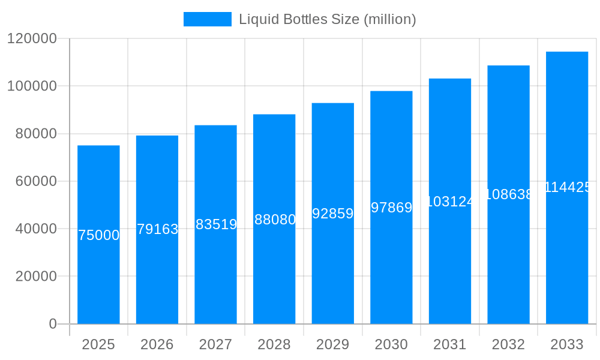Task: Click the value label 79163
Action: (157, 229)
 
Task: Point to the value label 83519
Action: (216, 224)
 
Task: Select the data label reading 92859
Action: (333, 214)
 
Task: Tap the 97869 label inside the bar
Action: (391, 208)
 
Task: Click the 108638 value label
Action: (508, 194)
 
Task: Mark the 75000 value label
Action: (98, 235)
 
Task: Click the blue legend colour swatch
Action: (207, 19)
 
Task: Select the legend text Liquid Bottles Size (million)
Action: (327, 19)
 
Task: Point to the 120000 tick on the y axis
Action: (31, 38)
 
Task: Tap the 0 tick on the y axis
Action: (52, 324)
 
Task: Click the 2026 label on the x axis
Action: (157, 344)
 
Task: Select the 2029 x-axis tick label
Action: (333, 344)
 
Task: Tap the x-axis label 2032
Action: (508, 344)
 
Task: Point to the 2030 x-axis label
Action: (391, 344)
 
